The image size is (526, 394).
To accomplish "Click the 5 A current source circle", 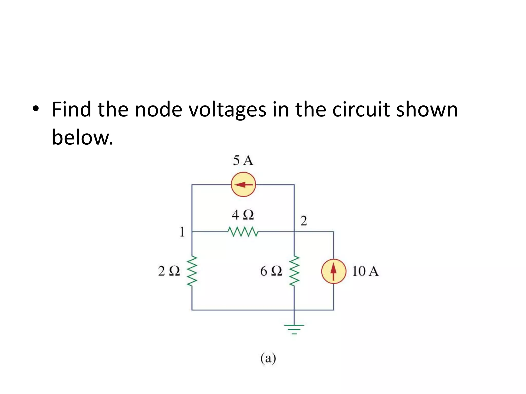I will point(243,184).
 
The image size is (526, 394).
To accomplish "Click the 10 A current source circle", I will point(333,271).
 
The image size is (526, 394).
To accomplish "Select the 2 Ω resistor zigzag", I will point(192,271).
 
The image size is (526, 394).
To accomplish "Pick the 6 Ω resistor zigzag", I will point(294,271).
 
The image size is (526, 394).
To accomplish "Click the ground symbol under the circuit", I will point(294,329).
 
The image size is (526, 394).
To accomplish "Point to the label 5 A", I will point(243,161).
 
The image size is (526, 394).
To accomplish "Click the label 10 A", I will point(365,271).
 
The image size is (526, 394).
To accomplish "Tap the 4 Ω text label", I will point(243,215).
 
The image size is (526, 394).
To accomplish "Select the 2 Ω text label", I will point(169,271).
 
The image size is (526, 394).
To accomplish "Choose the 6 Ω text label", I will point(271,271).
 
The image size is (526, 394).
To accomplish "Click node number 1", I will point(182,232).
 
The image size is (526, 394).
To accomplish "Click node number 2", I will point(304,221).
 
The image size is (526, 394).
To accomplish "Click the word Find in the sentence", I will point(71,110).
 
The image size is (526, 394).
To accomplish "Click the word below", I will point(82,137).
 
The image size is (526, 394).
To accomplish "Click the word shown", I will point(427,110).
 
